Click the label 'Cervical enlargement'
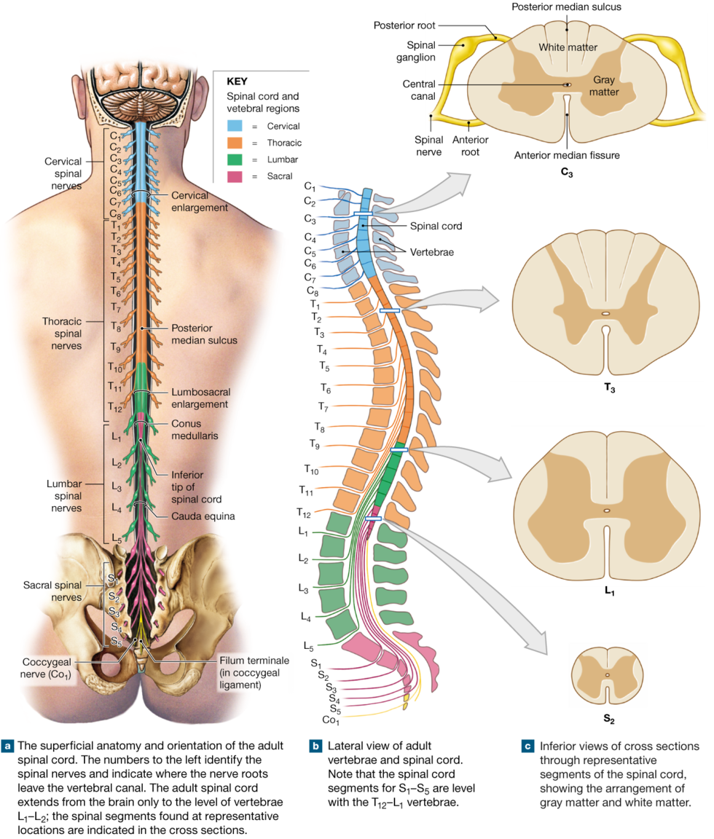pos(199,201)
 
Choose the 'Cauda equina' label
pos(203,516)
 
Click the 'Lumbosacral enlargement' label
pos(200,398)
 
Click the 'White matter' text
pos(568,47)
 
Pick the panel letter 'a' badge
pos(8,746)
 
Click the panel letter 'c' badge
pos(527,746)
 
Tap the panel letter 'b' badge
pos(315,746)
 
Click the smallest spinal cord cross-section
pos(607,675)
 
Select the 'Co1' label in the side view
pos(330,720)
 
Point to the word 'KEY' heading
pos(238,82)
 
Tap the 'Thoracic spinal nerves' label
pos(62,334)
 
